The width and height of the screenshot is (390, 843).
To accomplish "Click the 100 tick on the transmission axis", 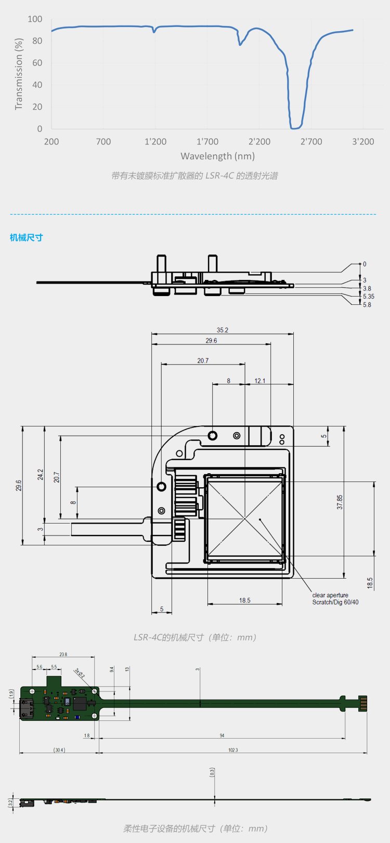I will tap(35, 19).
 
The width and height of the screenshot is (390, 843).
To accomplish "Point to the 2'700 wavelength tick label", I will tap(311, 141).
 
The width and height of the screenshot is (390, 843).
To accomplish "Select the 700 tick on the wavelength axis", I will tap(103, 141).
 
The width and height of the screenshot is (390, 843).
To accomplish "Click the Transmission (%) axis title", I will tap(19, 74).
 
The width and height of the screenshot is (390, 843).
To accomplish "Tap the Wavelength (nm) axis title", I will tap(217, 156).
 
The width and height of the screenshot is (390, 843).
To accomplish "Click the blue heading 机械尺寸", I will tap(27, 237).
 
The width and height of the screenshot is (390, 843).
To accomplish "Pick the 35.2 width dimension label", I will tap(223, 330).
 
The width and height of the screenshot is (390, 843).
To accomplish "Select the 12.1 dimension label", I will tap(260, 381).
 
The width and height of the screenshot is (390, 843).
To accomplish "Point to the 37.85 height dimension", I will tap(340, 502).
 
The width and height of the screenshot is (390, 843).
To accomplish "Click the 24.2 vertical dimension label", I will tap(41, 474).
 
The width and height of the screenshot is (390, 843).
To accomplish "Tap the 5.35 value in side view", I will tap(368, 297).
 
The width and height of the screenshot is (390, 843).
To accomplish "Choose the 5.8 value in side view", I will tap(367, 305).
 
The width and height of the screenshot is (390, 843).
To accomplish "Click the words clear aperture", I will tap(330, 595).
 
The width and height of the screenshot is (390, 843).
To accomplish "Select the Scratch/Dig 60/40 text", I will tap(335, 603).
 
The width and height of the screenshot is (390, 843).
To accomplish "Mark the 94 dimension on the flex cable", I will tap(222, 735).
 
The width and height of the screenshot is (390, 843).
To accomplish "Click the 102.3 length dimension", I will tap(232, 750).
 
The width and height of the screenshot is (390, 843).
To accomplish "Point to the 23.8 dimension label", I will tap(63, 654).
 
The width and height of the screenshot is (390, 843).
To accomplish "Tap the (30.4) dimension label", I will tap(58, 750).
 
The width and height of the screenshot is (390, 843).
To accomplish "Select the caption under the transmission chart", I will tap(194, 176).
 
